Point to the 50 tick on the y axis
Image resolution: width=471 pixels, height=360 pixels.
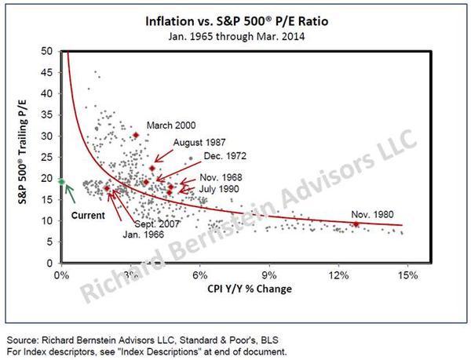48,51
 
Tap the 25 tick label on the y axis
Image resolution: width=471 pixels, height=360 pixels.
48,157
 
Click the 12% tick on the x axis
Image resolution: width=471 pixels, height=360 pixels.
339,275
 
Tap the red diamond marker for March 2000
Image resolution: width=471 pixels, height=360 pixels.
135,135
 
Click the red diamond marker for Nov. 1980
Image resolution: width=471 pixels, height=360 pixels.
356,224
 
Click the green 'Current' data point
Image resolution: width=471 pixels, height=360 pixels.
62,181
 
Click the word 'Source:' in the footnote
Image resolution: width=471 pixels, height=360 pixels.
23,339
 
